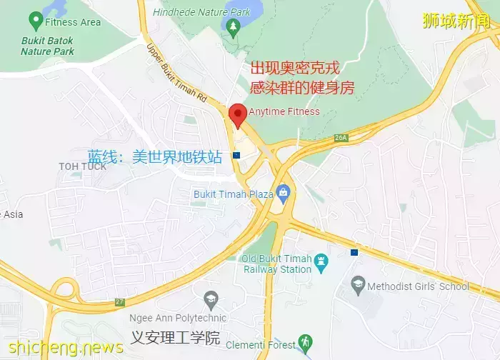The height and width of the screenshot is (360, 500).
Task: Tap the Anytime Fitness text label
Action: point(284,111)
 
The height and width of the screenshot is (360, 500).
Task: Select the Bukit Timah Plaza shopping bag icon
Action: point(284,191)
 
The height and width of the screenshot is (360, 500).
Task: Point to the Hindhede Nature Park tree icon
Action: point(232,26)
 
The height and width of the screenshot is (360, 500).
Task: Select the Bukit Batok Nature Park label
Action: point(47,46)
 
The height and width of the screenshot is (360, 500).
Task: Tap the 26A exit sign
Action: point(341,138)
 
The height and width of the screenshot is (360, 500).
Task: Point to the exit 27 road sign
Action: point(119,301)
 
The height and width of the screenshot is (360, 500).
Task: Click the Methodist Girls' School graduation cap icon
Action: point(357,286)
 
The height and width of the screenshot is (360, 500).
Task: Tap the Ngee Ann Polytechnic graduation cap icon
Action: point(211,299)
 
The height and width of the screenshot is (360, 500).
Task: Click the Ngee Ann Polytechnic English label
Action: point(168,318)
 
